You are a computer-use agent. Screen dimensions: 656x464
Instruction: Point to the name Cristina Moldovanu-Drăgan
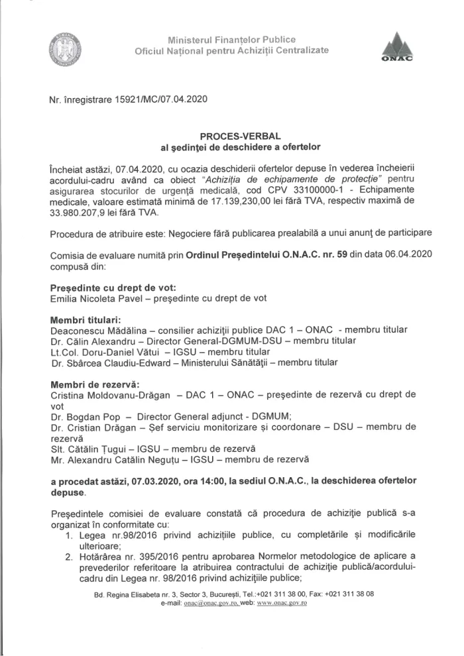pos(109,394)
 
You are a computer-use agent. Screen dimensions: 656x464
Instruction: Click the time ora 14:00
pos(218,483)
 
